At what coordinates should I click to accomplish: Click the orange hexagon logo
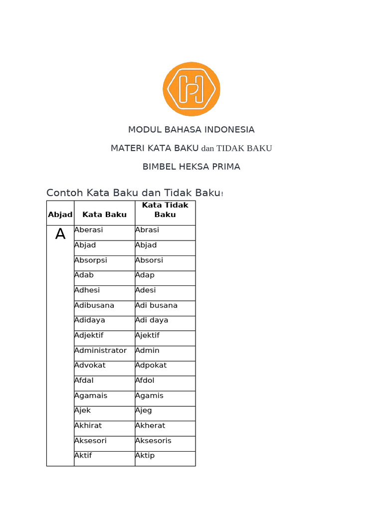(191, 89)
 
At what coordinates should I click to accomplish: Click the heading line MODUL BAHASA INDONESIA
(191, 130)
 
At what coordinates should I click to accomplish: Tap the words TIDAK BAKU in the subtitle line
(244, 148)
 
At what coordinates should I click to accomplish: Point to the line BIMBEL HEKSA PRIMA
(191, 167)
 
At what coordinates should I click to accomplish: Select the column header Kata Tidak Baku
(165, 210)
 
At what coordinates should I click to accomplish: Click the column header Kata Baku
(104, 215)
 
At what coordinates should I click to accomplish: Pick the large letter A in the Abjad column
(60, 234)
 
